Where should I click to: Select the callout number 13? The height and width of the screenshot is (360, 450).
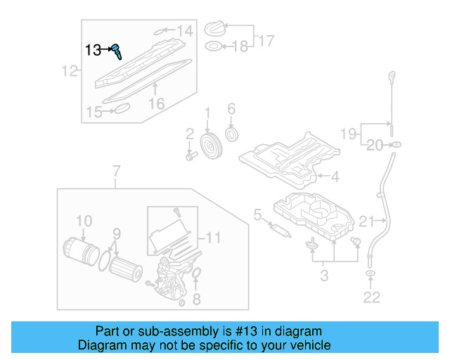click(x=93, y=50)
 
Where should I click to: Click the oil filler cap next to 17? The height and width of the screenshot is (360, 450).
click(x=214, y=30)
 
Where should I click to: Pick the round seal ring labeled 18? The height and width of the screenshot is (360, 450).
click(x=212, y=47)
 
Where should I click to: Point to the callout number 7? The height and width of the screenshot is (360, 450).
click(x=117, y=169)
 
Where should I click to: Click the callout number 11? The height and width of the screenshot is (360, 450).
click(x=213, y=238)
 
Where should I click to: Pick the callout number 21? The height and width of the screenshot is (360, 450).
click(x=366, y=222)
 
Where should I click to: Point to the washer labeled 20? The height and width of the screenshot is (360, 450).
click(x=396, y=145)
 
